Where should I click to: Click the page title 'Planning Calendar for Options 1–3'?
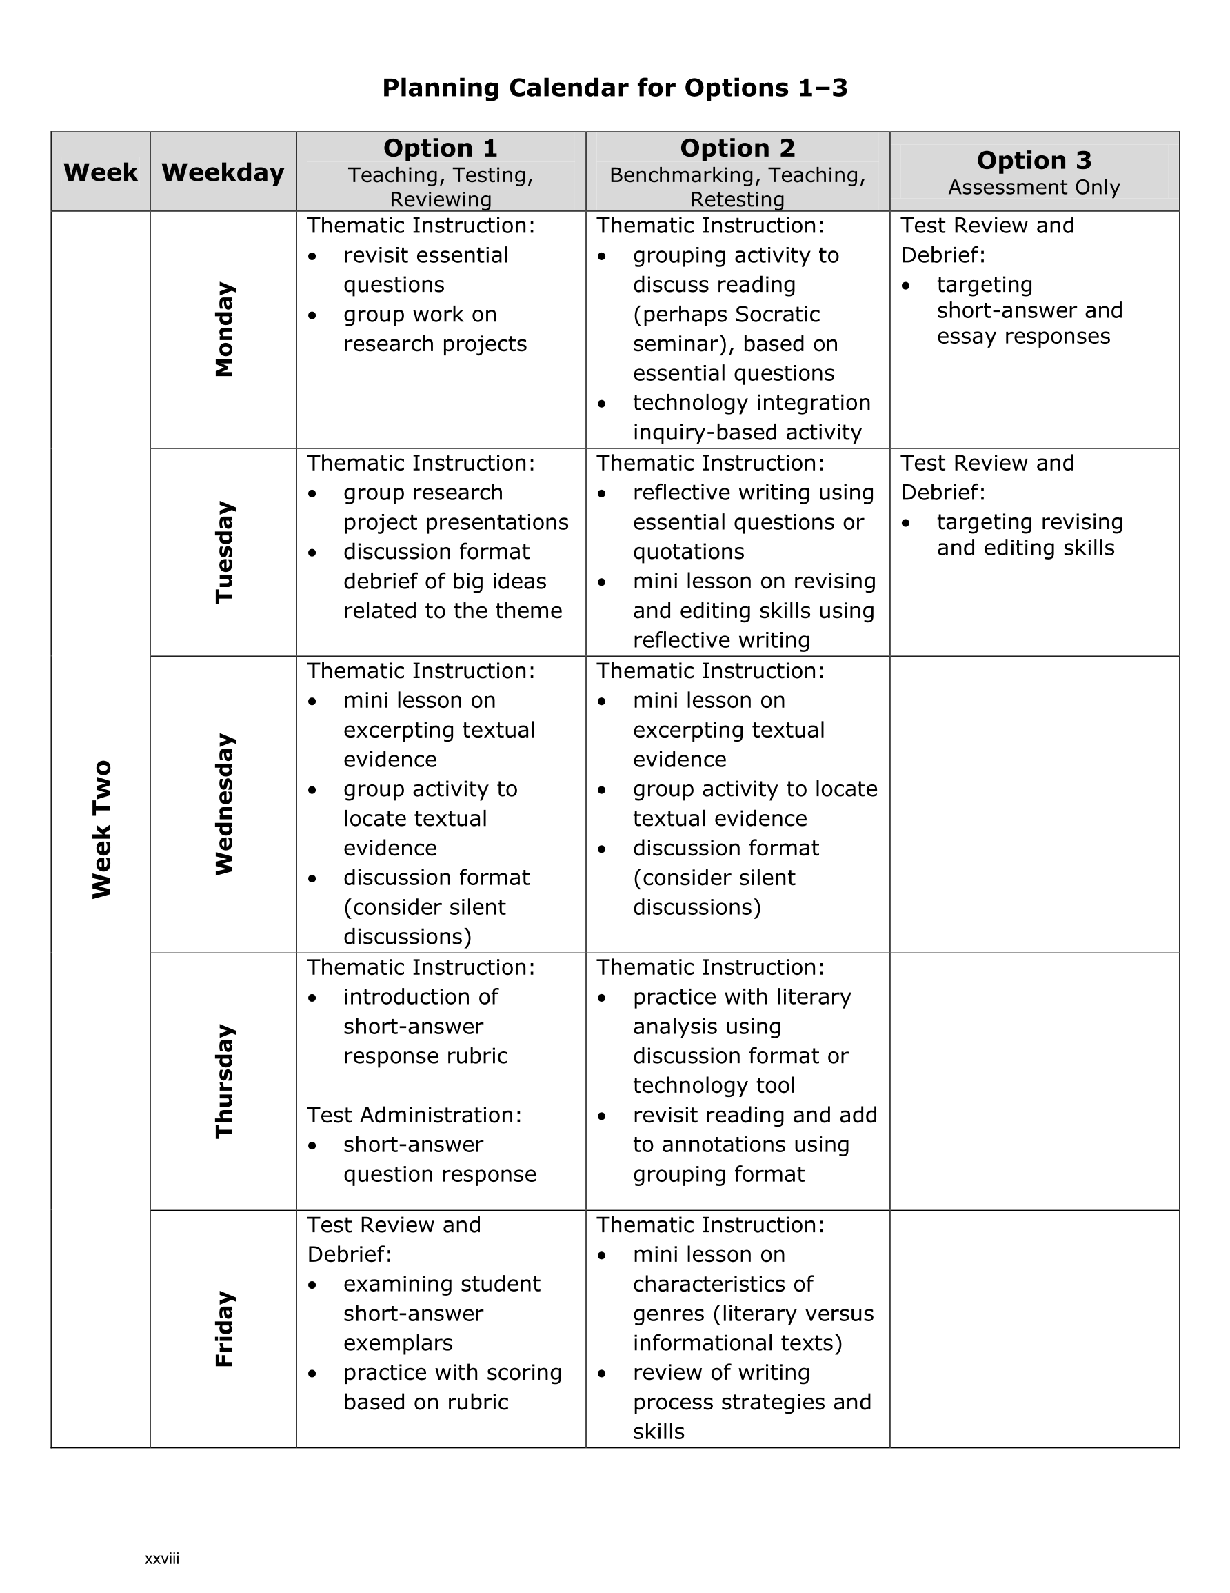coord(614,88)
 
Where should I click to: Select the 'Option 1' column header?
coord(441,148)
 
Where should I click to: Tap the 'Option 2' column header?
coord(737,148)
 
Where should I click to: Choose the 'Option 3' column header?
coord(1034,161)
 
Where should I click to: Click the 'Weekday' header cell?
coord(223,173)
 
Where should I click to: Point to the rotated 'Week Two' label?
coord(101,829)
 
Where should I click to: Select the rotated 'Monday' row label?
coord(224,330)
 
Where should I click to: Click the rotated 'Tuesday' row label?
coord(224,552)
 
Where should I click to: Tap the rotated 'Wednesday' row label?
coord(224,804)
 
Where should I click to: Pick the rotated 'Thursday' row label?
coord(224,1081)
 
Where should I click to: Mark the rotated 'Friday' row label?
coord(224,1329)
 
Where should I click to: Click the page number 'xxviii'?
coord(162,1559)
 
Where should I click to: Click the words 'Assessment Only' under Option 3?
coord(1034,188)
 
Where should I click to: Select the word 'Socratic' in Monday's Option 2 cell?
coord(778,315)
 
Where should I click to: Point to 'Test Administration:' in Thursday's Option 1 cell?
coord(414,1116)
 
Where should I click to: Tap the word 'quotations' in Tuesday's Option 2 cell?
coord(688,552)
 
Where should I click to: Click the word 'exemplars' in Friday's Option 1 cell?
coord(398,1343)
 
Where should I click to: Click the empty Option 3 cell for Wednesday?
coord(1034,804)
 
